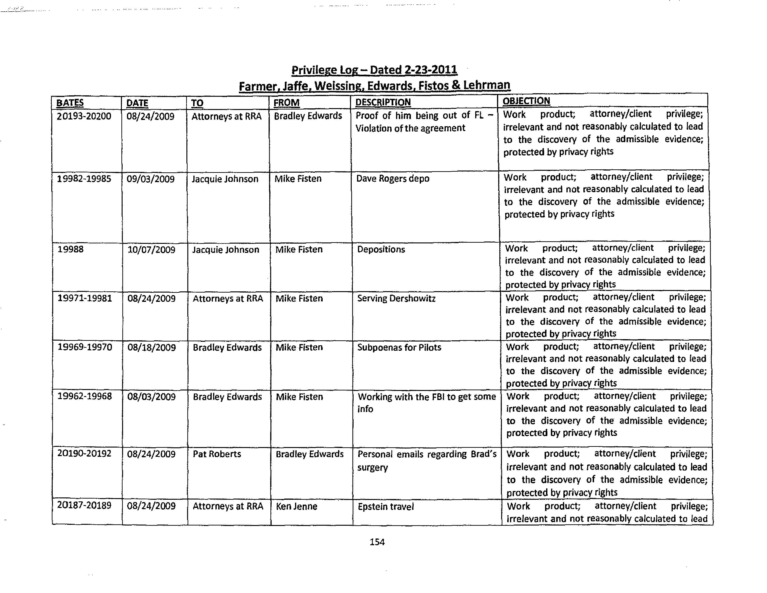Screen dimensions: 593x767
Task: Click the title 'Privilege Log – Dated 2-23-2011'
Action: [x=374, y=70]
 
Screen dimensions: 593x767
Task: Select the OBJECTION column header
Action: [x=526, y=101]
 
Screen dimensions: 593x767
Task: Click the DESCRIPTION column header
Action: [x=383, y=102]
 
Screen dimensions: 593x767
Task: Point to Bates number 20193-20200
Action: [x=84, y=116]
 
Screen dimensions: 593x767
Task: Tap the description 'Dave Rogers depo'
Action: [x=393, y=179]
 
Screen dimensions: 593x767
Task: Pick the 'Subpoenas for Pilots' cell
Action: [x=399, y=347]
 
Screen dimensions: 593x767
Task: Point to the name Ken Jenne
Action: [x=296, y=506]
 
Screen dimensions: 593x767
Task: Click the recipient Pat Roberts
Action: [x=217, y=454]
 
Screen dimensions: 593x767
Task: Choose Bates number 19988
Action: [x=71, y=249]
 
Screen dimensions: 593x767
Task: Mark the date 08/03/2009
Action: [x=151, y=397]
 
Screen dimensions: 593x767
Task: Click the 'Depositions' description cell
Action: [x=381, y=249]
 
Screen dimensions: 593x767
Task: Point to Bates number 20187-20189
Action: [x=84, y=506]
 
